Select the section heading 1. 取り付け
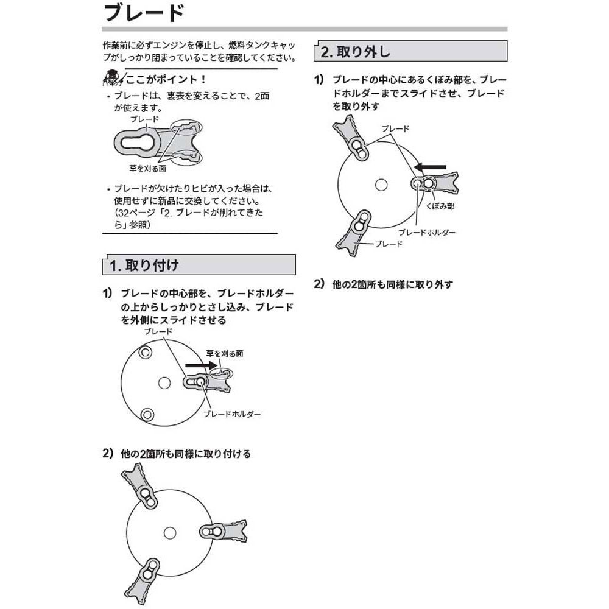[144, 265]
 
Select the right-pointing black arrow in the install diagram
[202, 365]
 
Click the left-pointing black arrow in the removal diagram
[431, 166]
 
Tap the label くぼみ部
[442, 207]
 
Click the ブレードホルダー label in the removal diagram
[427, 233]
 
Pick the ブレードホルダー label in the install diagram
[232, 414]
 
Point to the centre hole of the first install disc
[163, 382]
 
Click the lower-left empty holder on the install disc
[146, 414]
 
